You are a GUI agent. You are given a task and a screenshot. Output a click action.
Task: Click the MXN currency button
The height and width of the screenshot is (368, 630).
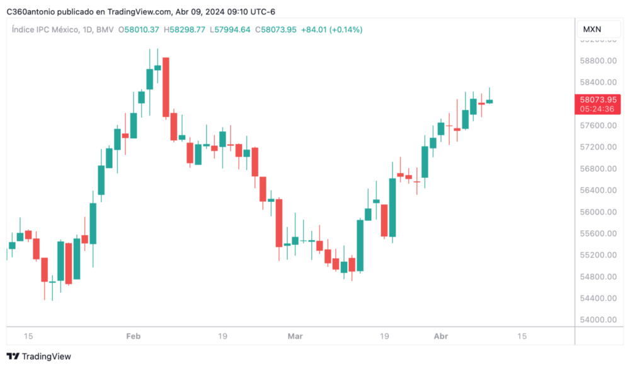coord(592,30)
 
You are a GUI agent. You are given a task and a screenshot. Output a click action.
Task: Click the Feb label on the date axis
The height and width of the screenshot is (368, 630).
coord(133,336)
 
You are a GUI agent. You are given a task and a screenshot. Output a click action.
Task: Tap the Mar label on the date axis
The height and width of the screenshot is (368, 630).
coord(295,336)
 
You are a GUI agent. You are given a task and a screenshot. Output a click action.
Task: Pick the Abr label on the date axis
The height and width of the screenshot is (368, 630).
coord(441,336)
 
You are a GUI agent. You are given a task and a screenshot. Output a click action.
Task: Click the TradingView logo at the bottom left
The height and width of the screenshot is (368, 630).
coord(39,357)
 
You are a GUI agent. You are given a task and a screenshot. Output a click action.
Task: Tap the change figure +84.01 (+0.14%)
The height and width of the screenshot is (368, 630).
coord(331,30)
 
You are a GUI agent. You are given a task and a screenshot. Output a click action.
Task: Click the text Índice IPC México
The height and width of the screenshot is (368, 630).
coord(45,30)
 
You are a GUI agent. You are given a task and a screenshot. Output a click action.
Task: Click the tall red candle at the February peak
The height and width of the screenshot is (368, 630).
coord(166,87)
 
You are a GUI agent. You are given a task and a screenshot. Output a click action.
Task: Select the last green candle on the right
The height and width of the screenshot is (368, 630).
coord(490,101)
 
